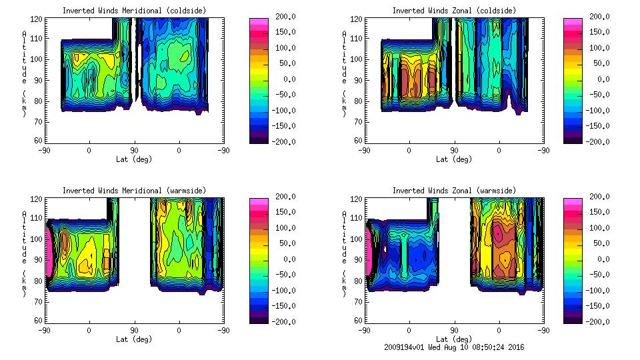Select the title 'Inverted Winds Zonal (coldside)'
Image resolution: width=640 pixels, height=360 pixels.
(x=454, y=11)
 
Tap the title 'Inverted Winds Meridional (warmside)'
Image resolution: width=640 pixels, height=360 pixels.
(x=135, y=191)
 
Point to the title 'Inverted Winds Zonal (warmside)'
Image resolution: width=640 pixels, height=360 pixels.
(x=454, y=191)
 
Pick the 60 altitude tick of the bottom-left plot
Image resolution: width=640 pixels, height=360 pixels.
(x=39, y=321)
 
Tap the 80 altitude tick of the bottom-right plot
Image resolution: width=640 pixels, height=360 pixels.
(x=359, y=280)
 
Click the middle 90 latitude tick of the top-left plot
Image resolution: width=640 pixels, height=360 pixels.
(x=134, y=151)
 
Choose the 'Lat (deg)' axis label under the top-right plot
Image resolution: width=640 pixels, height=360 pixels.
(x=454, y=159)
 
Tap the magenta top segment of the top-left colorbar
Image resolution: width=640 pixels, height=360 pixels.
(x=259, y=23)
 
